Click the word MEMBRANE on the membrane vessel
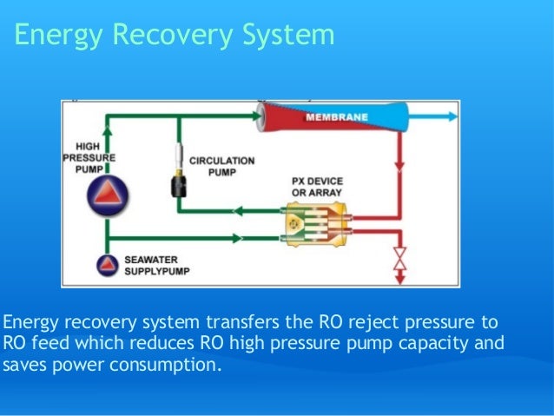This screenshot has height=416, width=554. (x=337, y=116)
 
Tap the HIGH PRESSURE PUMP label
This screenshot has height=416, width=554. (x=88, y=158)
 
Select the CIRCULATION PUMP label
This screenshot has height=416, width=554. (x=221, y=166)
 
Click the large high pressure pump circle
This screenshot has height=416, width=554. (x=105, y=199)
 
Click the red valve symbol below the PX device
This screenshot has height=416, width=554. (x=400, y=258)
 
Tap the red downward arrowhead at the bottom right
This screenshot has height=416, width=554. (x=400, y=278)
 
